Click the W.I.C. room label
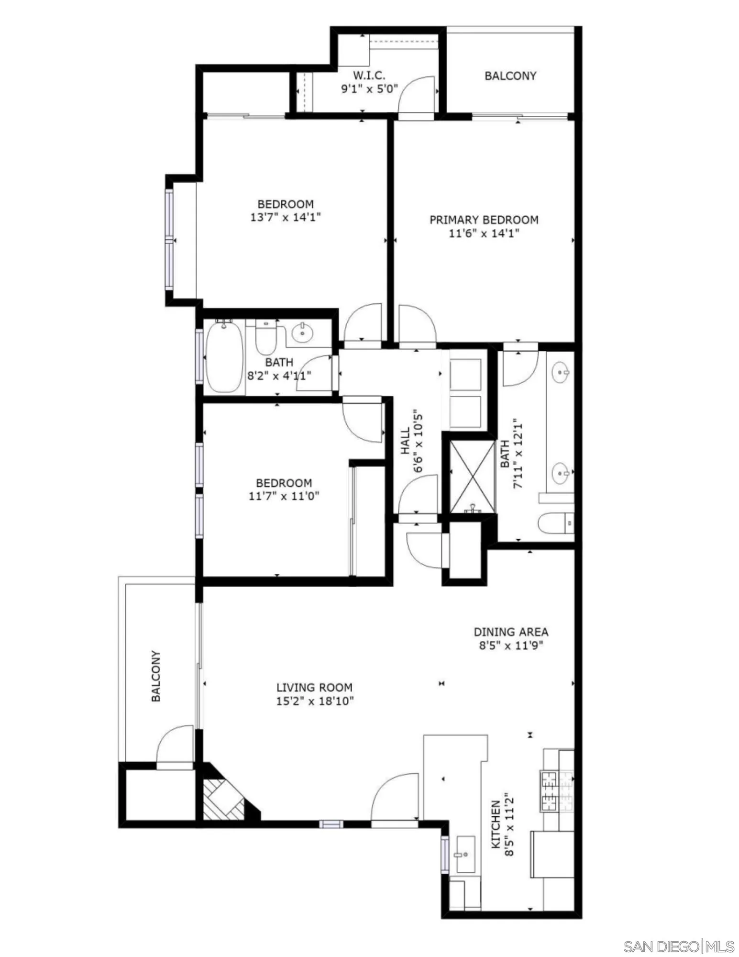point(369,75)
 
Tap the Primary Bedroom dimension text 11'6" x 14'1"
point(484,234)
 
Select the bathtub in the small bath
point(224,356)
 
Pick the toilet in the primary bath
point(555,523)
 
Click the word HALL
point(405,441)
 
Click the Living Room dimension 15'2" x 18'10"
point(314,701)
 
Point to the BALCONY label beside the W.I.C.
point(510,76)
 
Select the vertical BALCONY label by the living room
point(156,676)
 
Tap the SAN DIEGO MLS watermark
point(679,933)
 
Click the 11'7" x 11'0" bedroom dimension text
point(284,496)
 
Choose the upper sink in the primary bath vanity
point(560,372)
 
